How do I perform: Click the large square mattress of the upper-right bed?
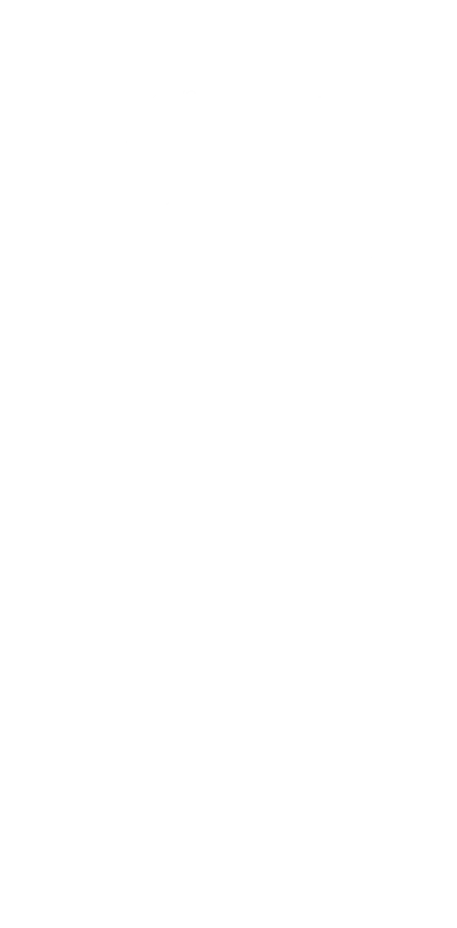[376, 149]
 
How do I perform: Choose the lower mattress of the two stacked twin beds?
[376, 525]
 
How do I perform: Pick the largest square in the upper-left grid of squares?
[167, 271]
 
